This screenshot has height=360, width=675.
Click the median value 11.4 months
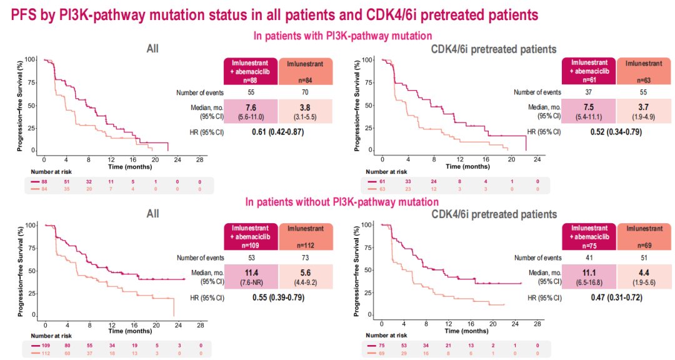pyautogui.click(x=251, y=271)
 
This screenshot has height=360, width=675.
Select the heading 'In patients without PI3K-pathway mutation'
pyautogui.click(x=342, y=202)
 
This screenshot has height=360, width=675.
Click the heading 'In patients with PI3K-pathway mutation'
pyautogui.click(x=342, y=36)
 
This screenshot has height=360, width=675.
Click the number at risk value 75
pyautogui.click(x=382, y=346)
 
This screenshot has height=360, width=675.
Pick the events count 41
pyautogui.click(x=589, y=257)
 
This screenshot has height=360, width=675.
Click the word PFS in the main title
pyautogui.click(x=26, y=14)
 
